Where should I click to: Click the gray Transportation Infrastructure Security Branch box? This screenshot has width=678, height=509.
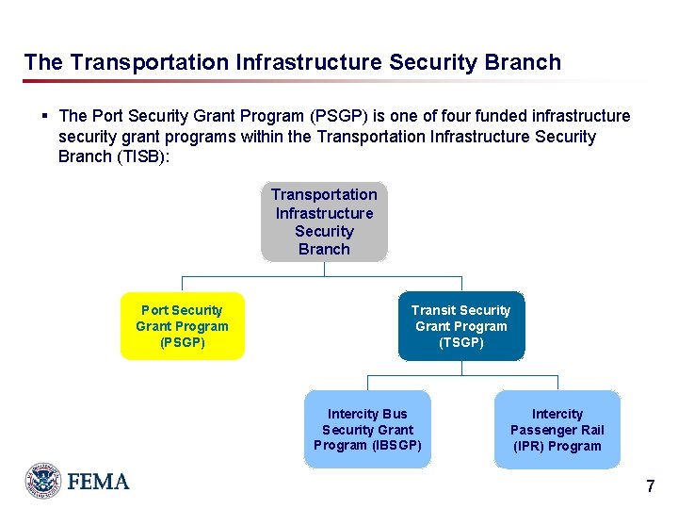tap(324, 222)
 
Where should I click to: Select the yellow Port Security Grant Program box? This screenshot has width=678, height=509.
tap(182, 326)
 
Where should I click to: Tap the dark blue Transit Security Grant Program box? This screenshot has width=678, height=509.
tap(460, 326)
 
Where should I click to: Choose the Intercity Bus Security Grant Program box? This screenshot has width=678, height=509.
tap(367, 429)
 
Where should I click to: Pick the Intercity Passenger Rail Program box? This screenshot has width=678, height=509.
tap(557, 429)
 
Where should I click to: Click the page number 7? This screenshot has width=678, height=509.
tap(650, 487)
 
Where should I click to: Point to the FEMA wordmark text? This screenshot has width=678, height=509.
tap(98, 482)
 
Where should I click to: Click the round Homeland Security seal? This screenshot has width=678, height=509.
tap(43, 481)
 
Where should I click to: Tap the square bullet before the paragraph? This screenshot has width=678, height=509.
tap(44, 116)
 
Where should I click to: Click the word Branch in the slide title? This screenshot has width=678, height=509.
tap(523, 63)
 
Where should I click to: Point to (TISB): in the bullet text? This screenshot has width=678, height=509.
tap(141, 156)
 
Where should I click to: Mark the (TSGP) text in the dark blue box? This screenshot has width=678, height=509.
tap(460, 342)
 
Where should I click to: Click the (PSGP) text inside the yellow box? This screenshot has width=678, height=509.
tap(182, 342)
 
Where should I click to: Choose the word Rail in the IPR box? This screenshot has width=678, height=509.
tap(589, 430)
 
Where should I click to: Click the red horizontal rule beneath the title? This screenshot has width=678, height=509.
tap(282, 81)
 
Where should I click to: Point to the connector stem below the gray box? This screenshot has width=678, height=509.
tap(324, 269)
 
